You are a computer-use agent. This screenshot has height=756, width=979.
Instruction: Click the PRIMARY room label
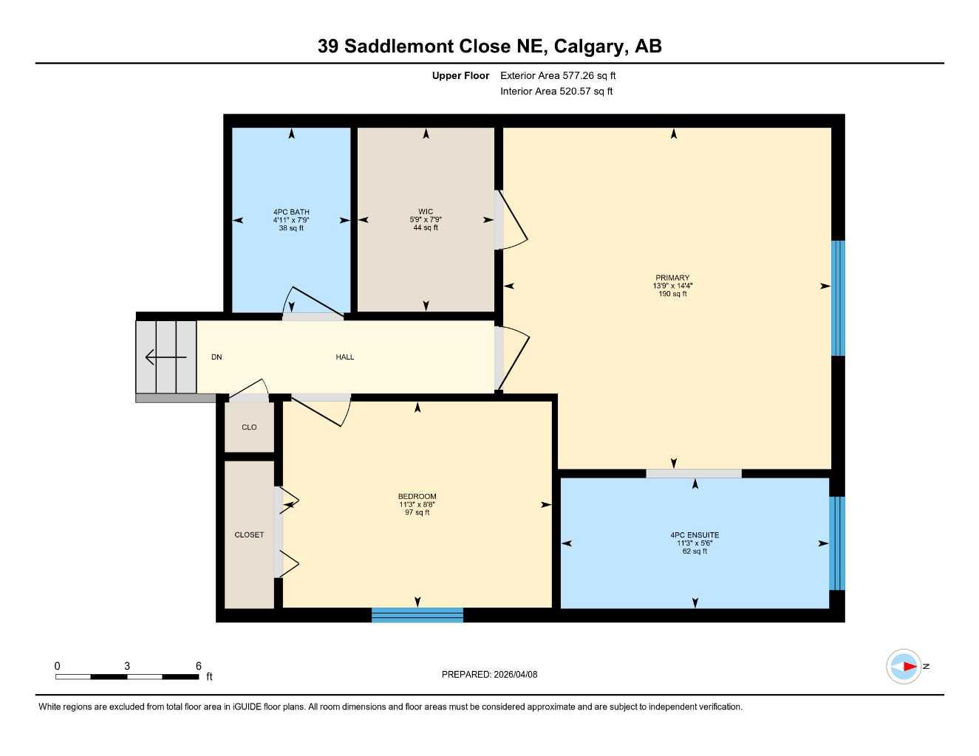(672, 278)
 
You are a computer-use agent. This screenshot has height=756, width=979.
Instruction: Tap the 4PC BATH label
(291, 212)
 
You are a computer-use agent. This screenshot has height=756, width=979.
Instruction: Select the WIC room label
(426, 212)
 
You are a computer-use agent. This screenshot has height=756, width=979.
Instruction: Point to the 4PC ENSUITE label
(695, 535)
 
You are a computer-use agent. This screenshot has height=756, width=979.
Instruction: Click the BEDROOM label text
(417, 496)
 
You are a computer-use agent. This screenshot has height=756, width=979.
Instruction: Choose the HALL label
(345, 357)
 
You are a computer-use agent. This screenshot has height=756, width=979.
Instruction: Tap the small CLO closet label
(249, 427)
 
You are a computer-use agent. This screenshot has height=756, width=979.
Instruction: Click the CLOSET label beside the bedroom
(249, 535)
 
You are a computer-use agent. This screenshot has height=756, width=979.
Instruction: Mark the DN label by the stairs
(216, 357)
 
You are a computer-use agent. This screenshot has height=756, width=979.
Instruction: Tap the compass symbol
(904, 667)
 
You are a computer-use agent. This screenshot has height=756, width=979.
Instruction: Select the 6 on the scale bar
(199, 666)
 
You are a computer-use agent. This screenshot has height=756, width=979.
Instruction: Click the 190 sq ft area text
(672, 294)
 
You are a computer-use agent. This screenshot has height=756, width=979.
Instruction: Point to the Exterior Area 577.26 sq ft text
(558, 75)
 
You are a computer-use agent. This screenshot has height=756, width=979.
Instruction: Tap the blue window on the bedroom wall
(417, 615)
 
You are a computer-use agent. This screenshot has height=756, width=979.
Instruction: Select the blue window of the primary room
(838, 298)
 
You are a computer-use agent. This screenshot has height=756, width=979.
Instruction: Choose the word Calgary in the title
(588, 47)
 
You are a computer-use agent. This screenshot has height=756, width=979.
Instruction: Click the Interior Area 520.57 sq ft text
(556, 92)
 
